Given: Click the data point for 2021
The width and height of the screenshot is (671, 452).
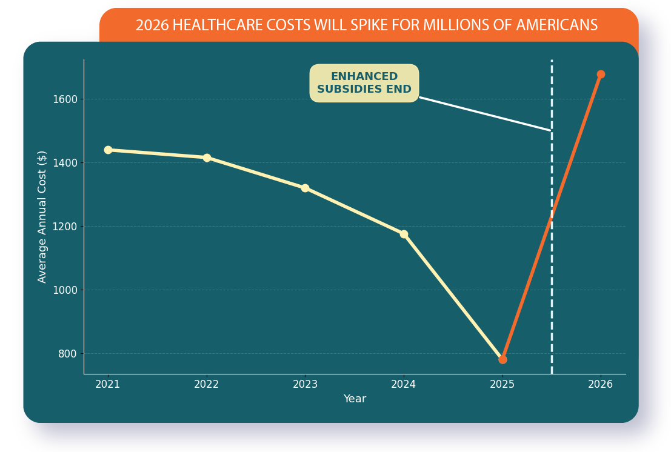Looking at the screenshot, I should point(108,150).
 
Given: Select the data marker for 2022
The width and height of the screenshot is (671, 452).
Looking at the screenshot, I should point(207,158).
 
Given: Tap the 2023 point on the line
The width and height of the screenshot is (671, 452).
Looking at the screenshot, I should point(305,188).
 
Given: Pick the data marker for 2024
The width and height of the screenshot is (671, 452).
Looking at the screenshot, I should point(404,234).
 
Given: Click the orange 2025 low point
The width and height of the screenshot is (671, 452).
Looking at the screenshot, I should point(502,359).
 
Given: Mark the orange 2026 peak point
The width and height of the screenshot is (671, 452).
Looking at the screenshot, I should point(601,75).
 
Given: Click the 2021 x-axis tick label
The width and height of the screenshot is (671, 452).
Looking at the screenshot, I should point(108,384).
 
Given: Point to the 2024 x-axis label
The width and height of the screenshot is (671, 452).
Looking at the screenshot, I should point(404,384).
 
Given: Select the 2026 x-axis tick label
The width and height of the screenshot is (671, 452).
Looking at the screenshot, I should point(601,384).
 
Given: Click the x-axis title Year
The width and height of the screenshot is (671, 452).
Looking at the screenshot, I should point(355,399).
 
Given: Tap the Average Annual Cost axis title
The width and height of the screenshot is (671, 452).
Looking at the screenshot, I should point(42,216).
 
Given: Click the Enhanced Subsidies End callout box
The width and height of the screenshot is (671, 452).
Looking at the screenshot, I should point(364,83).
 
